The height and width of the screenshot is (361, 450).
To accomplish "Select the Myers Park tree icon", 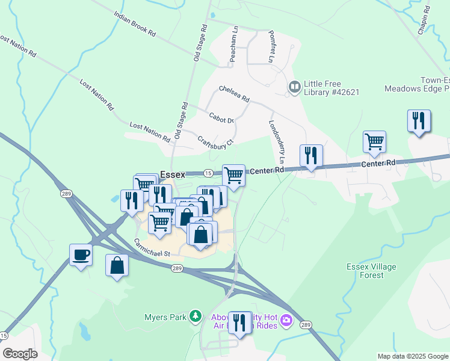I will pos(195,316).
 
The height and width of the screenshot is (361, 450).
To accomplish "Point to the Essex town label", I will pos(172,174).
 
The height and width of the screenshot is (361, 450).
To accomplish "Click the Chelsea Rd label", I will pos(234,94).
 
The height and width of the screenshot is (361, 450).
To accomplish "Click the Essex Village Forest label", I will pos(366,271).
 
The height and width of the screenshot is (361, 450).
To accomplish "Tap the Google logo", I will pos(20,353).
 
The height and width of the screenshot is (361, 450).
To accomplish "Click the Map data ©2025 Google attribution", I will pos(412,356).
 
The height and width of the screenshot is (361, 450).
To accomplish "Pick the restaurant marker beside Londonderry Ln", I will pos(311,156).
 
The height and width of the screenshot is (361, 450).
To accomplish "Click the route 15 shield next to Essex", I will pos(206,173).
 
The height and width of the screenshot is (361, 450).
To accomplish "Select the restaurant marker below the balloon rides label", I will pos(240,324).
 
